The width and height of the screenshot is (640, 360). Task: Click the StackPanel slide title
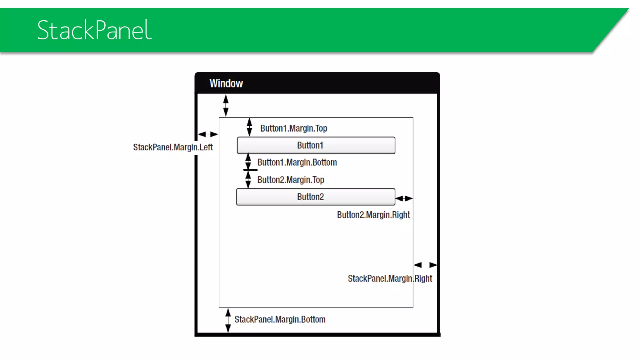[94, 30]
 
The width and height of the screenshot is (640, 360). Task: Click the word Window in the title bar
[226, 83]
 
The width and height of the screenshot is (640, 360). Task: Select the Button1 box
[316, 145]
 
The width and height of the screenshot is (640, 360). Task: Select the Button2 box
[316, 197]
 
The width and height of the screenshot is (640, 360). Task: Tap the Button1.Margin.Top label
[293, 128]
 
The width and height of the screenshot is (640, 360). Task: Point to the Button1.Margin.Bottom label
[297, 162]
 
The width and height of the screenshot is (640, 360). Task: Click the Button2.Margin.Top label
[291, 180]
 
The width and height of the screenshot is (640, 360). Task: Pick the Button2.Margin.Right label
[373, 215]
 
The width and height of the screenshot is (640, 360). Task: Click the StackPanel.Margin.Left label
[173, 147]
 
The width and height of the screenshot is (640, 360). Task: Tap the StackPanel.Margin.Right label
[390, 278]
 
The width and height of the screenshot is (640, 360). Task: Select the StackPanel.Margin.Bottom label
[280, 319]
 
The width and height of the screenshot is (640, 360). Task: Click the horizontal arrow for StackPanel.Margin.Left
[208, 134]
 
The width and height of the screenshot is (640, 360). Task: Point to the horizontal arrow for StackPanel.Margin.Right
[425, 265]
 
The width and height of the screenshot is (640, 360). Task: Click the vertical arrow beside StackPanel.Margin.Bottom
[228, 320]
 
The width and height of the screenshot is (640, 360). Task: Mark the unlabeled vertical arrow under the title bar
[226, 106]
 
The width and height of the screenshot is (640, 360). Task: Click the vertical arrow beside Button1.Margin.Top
[249, 127]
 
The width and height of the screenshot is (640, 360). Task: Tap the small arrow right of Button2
[404, 198]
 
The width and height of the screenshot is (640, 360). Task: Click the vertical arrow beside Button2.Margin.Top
[248, 180]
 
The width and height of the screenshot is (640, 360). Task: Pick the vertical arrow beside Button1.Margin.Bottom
[248, 161]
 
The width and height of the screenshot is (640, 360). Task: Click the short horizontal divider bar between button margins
[250, 170]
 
